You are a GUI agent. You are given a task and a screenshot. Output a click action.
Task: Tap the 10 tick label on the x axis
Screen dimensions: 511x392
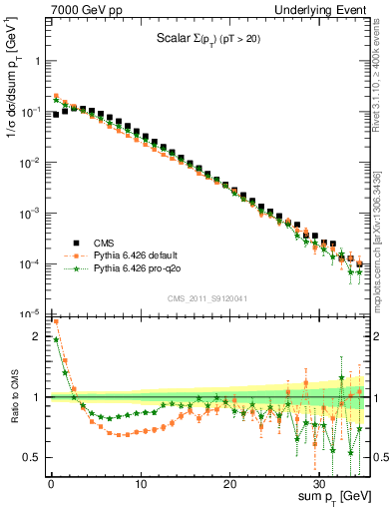pyautogui.click(x=141, y=483)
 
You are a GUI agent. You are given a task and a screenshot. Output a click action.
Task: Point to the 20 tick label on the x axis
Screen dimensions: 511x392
pyautogui.click(x=230, y=483)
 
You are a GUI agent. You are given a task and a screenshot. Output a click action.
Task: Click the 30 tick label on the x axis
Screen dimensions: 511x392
pyautogui.click(x=320, y=483)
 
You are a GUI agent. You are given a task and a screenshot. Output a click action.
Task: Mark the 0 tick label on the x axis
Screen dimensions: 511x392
pyautogui.click(x=51, y=483)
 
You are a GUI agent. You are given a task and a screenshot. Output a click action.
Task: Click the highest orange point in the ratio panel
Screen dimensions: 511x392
pyautogui.click(x=55, y=321)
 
